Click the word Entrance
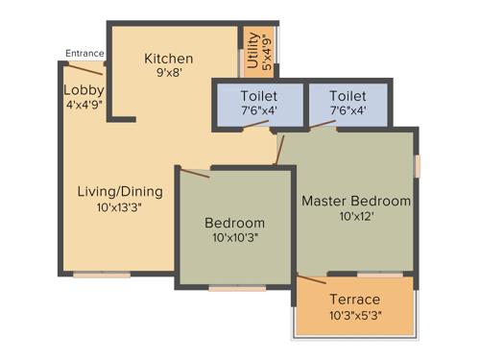(85, 53)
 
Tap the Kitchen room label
(169, 59)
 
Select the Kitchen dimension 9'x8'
(169, 72)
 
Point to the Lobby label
(84, 90)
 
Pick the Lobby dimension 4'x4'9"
(84, 104)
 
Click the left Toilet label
(259, 96)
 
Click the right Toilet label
(348, 96)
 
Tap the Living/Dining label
(120, 191)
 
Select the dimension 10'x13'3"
(120, 206)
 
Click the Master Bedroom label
(356, 202)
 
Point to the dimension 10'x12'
(356, 217)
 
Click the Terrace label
(354, 300)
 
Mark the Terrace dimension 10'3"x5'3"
(354, 315)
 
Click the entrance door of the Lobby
(86, 67)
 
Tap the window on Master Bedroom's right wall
(418, 164)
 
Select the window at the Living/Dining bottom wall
(102, 276)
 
